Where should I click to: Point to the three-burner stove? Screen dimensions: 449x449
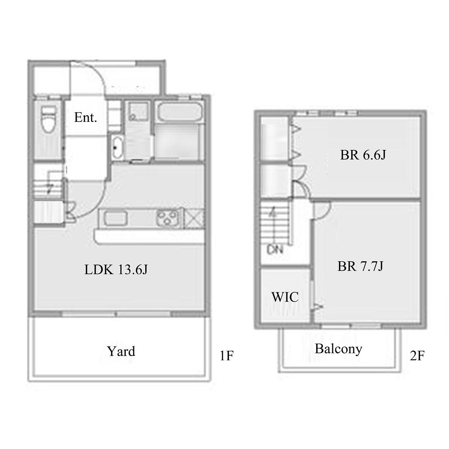point(167,218)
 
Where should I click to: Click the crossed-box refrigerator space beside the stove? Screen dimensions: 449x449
point(193,218)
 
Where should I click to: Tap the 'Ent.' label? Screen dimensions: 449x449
point(86,118)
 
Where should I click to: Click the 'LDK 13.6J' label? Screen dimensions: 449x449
point(116,270)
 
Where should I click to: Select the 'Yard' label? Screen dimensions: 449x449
point(121,351)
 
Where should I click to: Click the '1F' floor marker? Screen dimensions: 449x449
point(227,356)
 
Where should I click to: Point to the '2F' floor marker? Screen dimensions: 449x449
point(417,356)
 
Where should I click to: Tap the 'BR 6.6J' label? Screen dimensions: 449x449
point(363,155)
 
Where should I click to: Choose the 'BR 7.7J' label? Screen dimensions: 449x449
point(360,266)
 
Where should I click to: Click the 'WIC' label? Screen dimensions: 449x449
point(285,297)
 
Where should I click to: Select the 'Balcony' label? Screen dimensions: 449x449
point(339,349)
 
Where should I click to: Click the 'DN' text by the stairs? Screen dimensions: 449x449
point(275,250)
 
